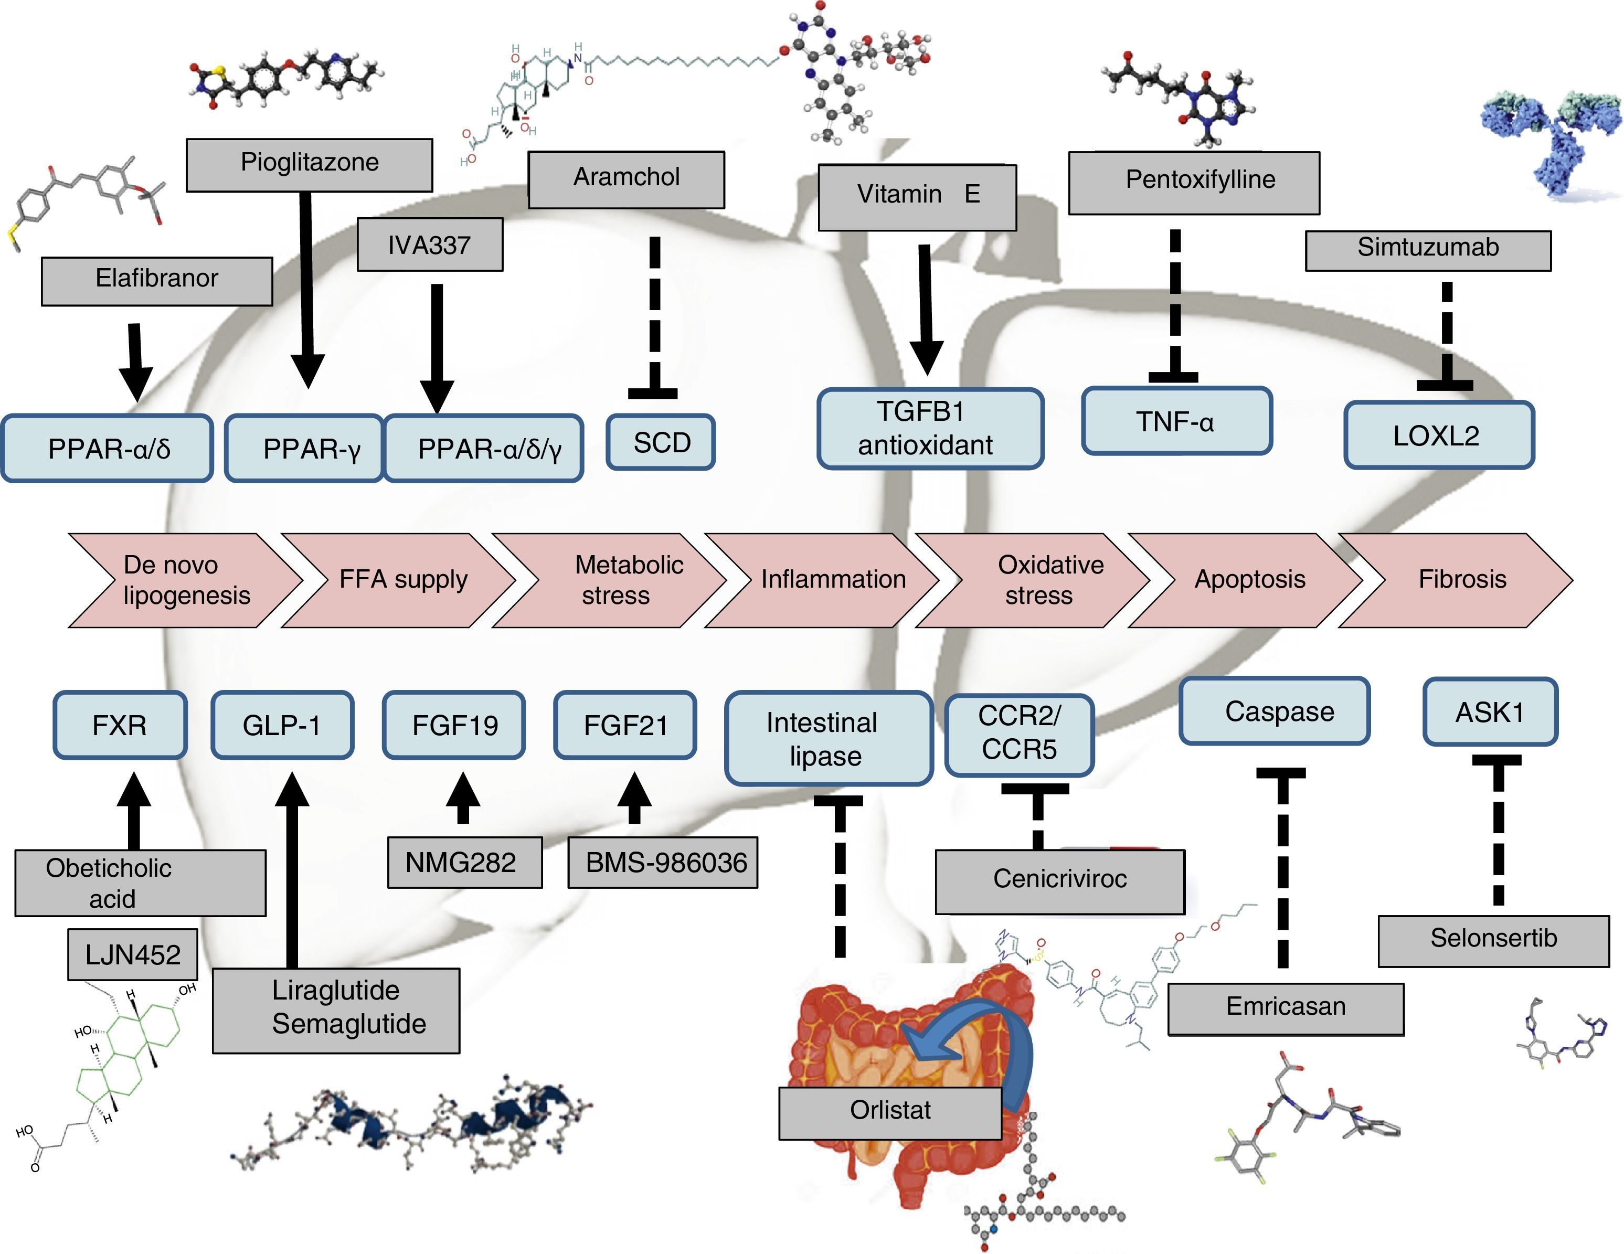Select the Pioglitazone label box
[x=310, y=164]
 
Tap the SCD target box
[x=661, y=442]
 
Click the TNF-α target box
[x=1176, y=421]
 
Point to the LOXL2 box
[x=1439, y=435]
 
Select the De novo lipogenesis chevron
[x=182, y=580]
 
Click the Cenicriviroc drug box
[x=1059, y=881]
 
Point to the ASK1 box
[x=1490, y=712]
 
